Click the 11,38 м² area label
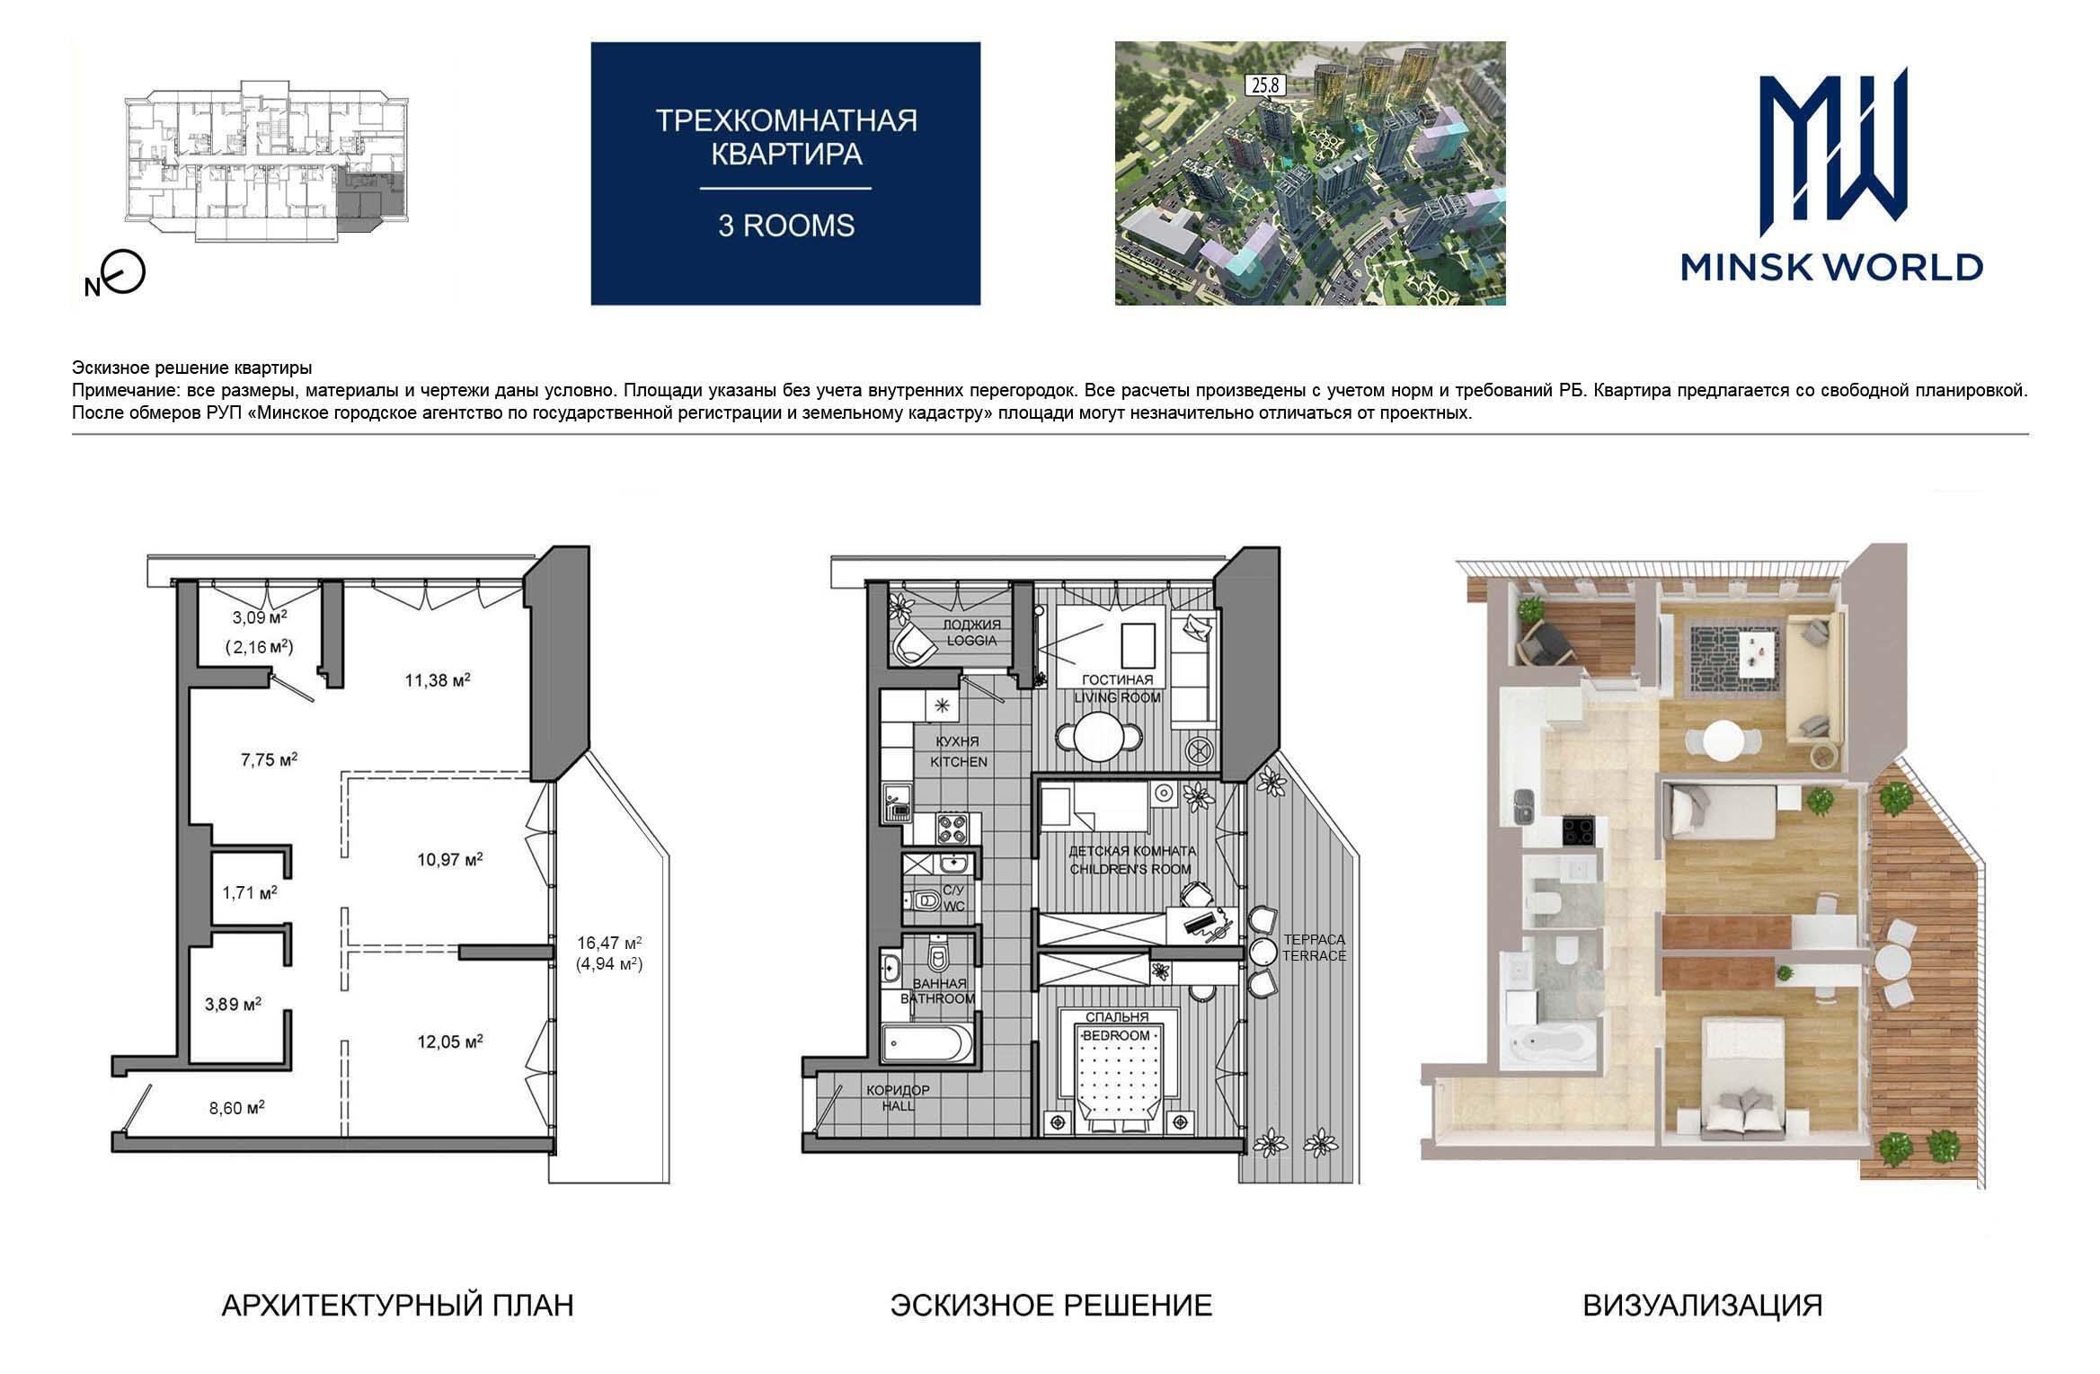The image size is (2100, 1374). click(x=438, y=680)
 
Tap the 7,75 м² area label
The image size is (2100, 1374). click(x=269, y=758)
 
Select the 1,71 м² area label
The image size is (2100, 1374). click(x=250, y=892)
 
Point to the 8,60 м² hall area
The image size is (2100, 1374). click(x=237, y=1108)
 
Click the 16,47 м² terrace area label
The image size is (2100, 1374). click(x=609, y=943)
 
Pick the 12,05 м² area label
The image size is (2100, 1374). click(x=450, y=1042)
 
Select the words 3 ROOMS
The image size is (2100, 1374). click(x=785, y=226)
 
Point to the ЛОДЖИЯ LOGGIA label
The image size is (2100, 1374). click(x=970, y=633)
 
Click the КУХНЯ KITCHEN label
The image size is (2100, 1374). click(x=958, y=751)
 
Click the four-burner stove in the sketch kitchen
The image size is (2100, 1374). click(x=952, y=829)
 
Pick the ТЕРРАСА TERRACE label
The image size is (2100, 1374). click(x=1314, y=948)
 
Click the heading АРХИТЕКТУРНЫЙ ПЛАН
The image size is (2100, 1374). click(x=397, y=1305)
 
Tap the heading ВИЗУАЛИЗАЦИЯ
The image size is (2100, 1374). click(x=1703, y=1305)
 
